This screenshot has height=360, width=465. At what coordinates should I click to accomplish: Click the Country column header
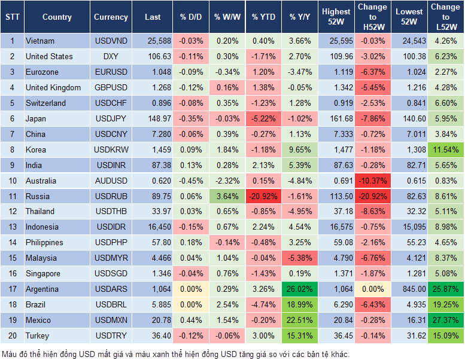point(57,17)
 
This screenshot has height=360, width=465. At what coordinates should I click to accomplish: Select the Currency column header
point(111,17)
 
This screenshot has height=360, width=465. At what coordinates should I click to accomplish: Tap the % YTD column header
point(263,17)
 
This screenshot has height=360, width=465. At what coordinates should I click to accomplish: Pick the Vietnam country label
point(40,41)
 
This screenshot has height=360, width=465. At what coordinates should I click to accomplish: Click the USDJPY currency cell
point(111,118)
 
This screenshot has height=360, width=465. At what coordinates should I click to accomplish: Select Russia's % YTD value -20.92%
point(263,196)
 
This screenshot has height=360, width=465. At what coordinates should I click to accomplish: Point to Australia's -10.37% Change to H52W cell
point(372,181)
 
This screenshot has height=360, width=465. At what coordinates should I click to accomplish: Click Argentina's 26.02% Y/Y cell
point(300,289)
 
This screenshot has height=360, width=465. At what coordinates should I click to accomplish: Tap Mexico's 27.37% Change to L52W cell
point(445,321)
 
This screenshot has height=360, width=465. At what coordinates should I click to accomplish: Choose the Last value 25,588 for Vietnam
point(153,41)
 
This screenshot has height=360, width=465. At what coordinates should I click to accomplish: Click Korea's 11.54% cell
point(445,150)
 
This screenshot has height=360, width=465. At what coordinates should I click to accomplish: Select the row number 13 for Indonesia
point(11,227)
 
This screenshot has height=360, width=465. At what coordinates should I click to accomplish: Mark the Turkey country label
point(37,336)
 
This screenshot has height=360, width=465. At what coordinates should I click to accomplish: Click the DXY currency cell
point(111,57)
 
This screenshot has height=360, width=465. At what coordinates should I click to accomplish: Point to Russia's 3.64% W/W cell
point(227,196)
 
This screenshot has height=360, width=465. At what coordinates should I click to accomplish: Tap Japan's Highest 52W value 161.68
point(336,118)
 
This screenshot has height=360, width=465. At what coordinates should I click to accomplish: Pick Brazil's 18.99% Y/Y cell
point(300,305)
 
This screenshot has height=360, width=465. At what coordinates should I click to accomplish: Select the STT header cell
point(11,17)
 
